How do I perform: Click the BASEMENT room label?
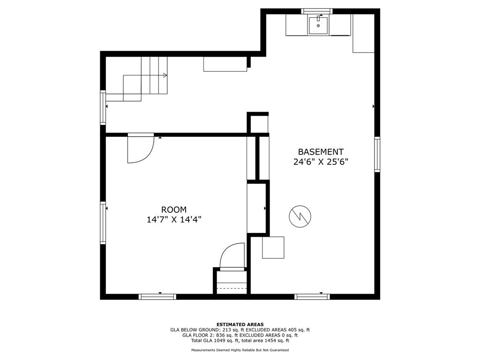tap(321, 152)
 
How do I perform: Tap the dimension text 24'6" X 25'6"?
tap(321, 162)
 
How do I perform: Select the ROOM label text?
tap(174, 210)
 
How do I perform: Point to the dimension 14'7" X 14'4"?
tap(174, 219)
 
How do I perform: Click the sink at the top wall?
tap(318, 25)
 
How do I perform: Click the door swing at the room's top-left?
tap(140, 149)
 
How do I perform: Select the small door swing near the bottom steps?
tap(232, 255)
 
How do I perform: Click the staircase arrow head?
tap(165, 75)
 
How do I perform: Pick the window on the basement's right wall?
tap(377, 154)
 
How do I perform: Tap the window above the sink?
tap(316, 11)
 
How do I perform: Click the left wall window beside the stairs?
tap(103, 107)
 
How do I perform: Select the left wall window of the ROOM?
tap(103, 223)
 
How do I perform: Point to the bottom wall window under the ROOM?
tap(157, 296)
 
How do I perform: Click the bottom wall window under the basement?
tap(312, 296)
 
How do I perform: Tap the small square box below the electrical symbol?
tap(273, 247)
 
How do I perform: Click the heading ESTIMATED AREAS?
tap(240, 324)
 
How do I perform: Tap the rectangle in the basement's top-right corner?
tap(363, 33)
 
